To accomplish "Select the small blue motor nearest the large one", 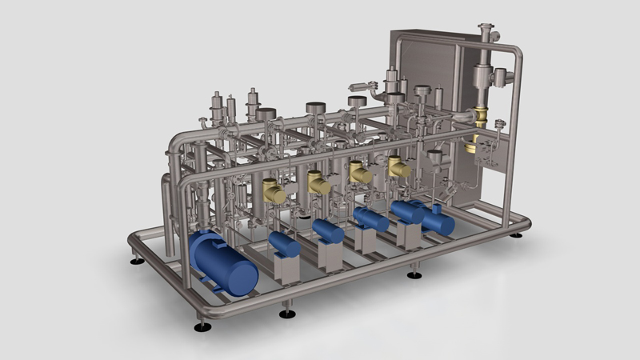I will pyautogui.click(x=284, y=243).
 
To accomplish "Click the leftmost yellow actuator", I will pyautogui.click(x=274, y=191).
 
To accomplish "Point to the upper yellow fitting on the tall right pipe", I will pyautogui.click(x=482, y=115).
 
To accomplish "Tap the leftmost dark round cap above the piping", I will pyautogui.click(x=266, y=114).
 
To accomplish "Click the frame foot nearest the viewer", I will pyautogui.click(x=203, y=326).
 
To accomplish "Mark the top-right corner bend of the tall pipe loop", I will pyautogui.click(x=516, y=53).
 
